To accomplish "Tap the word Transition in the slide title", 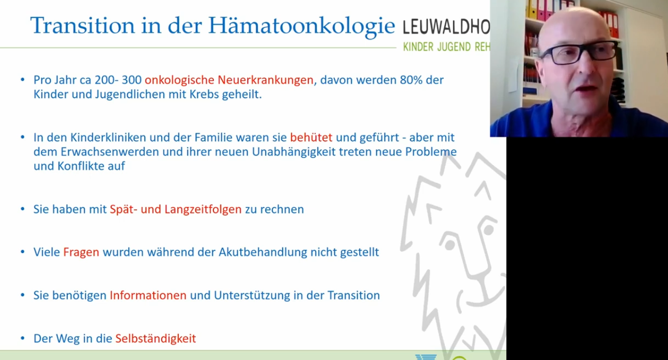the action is (82, 25).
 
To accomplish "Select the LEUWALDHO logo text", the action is (446, 27).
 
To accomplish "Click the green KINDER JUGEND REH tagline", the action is (446, 47).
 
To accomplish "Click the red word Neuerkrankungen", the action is (266, 80).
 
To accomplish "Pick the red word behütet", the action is (311, 137).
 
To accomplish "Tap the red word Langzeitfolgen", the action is (203, 209).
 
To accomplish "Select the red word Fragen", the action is (81, 253).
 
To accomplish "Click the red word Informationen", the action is (148, 295).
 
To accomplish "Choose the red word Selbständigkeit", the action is (156, 338).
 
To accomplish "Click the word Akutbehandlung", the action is (263, 253).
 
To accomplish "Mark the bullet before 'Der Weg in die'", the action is (23, 338).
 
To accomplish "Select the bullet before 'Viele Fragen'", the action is (23, 252).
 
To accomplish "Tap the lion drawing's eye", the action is (488, 229).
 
